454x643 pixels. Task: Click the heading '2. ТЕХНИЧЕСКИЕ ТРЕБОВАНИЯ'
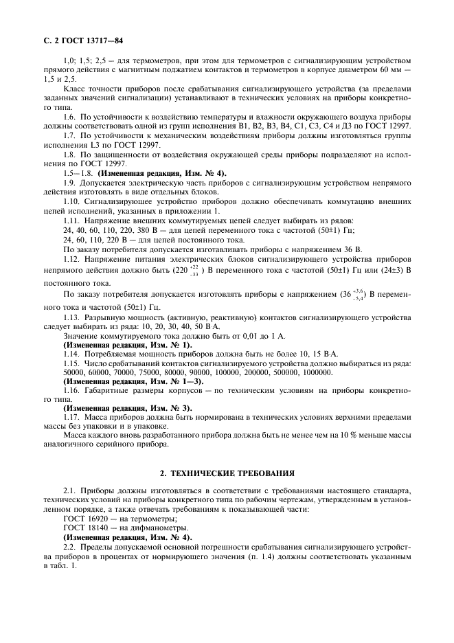pos(227,473)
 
